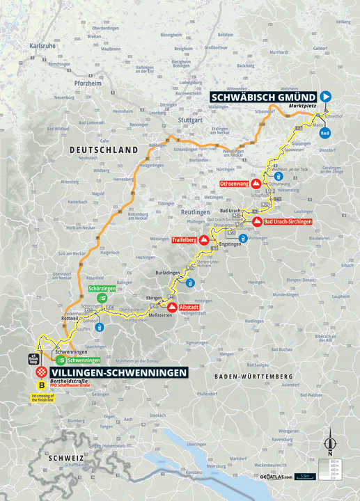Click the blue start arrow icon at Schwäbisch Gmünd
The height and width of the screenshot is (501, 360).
(326, 97)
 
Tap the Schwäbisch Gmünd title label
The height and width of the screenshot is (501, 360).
(263, 97)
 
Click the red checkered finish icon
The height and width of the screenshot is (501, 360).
(42, 372)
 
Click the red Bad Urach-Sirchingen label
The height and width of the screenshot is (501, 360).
(288, 222)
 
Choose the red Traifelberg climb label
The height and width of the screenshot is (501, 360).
(184, 240)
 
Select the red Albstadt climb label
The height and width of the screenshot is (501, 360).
(189, 306)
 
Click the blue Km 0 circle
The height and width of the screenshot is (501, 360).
(324, 132)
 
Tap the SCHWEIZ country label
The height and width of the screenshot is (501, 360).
(66, 458)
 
